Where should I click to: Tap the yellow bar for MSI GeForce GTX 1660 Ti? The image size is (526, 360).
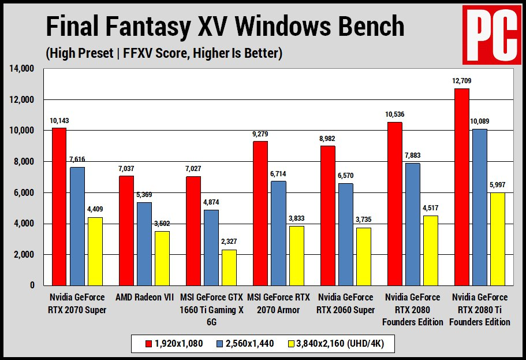[230, 267]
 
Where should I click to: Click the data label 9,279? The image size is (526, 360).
[260, 134]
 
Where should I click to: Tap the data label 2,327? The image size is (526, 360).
[230, 243]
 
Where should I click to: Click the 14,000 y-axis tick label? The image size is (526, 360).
[22, 69]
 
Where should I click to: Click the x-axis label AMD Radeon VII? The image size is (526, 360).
[144, 298]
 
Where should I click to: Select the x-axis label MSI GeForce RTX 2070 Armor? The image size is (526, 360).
[279, 303]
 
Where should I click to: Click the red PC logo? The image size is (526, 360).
[491, 35]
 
